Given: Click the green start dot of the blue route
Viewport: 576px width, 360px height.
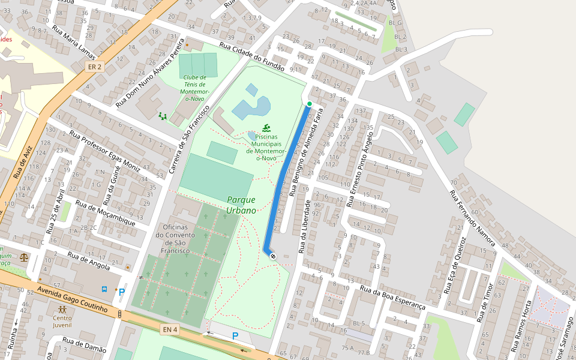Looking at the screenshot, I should (x=310, y=104).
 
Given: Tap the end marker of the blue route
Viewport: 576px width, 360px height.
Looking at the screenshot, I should (x=273, y=256).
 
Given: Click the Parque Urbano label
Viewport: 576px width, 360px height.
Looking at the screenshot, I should (x=241, y=205).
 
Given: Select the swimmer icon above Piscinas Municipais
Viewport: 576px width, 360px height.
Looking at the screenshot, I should (x=266, y=128).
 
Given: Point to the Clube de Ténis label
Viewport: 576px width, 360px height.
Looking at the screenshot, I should (x=195, y=89).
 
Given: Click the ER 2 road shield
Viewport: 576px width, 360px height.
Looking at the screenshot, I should (x=94, y=66).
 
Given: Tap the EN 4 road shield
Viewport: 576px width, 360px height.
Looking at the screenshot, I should (x=170, y=329).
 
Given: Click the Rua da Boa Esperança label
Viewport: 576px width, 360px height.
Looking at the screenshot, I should (x=392, y=297).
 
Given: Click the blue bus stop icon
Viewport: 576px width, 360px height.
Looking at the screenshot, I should (x=104, y=289).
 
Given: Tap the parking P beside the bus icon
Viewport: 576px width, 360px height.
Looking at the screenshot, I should (x=122, y=292).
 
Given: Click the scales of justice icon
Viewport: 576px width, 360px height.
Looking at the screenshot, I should (x=24, y=257).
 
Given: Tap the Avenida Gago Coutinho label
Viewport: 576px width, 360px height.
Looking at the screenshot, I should (x=71, y=299).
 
